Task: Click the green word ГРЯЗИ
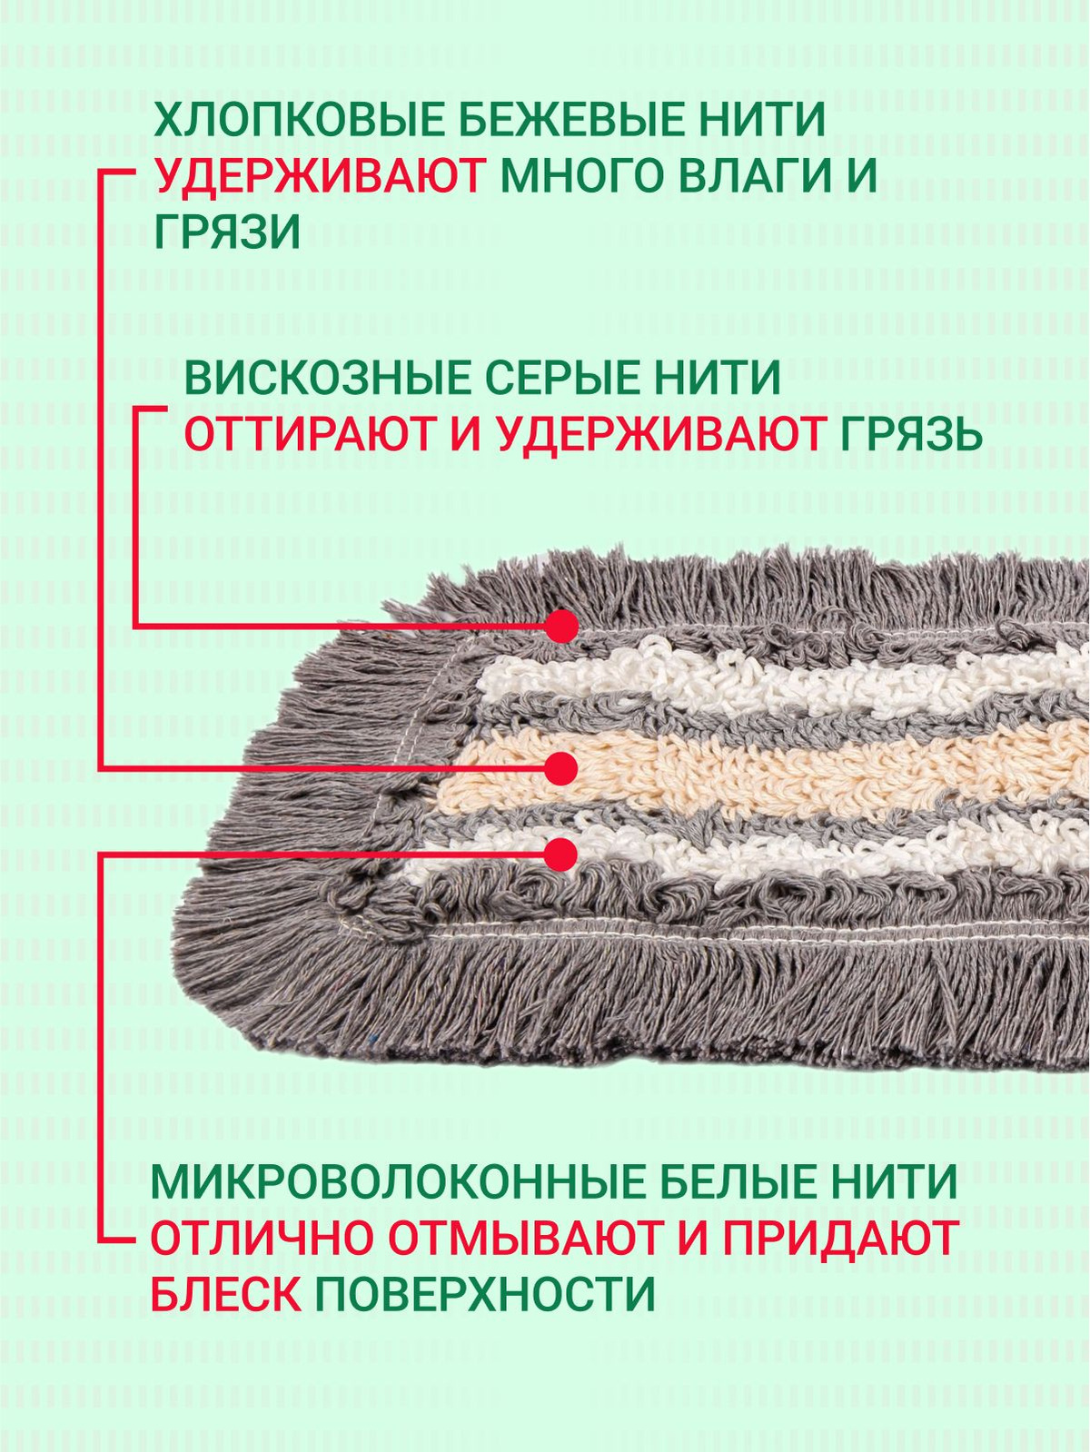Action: [227, 233]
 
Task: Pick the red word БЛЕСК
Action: [225, 1294]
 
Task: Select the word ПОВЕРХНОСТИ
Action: [485, 1294]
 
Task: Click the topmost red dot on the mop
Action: [562, 627]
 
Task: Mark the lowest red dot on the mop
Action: [562, 854]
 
